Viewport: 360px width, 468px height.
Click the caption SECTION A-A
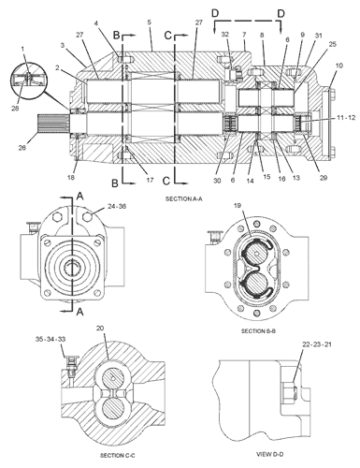[185, 199]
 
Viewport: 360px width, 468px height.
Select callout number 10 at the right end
[338, 66]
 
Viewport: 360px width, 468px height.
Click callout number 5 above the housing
[150, 21]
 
